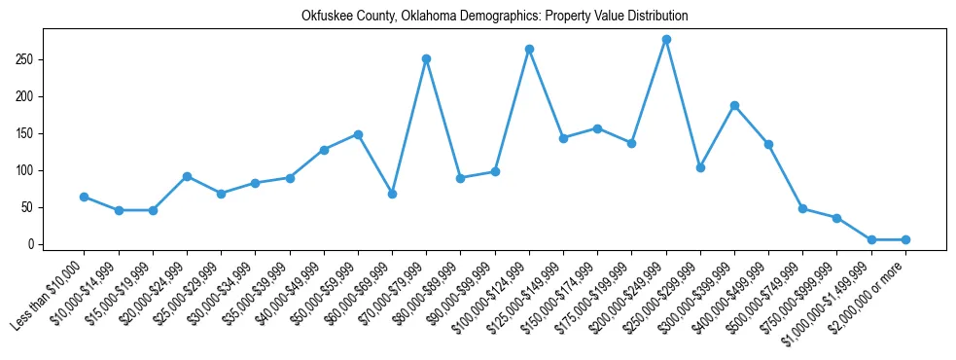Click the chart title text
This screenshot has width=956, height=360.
click(494, 17)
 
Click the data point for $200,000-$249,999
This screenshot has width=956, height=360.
click(666, 40)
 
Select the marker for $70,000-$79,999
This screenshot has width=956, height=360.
click(426, 58)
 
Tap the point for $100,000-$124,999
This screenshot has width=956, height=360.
click(529, 49)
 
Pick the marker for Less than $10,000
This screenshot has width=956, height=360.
click(84, 197)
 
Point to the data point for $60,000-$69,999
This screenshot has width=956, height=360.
click(392, 194)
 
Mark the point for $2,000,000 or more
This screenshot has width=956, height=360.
click(905, 239)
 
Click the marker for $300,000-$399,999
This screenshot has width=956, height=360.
click(734, 105)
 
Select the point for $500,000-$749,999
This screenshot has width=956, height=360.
click(802, 208)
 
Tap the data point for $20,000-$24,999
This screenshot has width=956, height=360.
click(187, 176)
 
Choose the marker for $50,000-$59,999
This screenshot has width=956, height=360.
click(358, 134)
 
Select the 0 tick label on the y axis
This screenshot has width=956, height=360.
click(32, 244)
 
